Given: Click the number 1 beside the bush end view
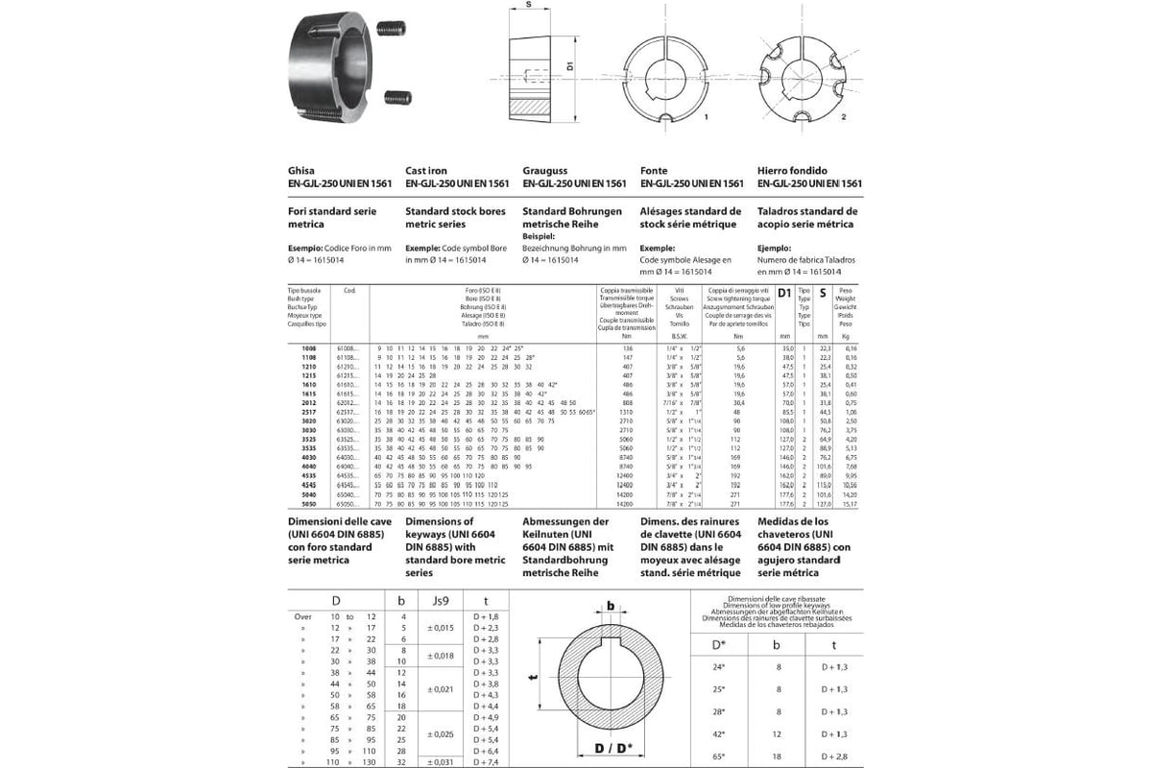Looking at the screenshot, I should pos(706,116).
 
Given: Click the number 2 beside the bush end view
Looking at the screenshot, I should pos(842,116).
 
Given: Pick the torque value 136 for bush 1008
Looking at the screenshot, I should pos(626,348).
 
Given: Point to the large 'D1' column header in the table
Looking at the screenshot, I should pos(784,291).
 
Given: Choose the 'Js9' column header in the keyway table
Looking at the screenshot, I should pos(441,602).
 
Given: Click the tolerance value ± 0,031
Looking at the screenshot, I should pos(441,762).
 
